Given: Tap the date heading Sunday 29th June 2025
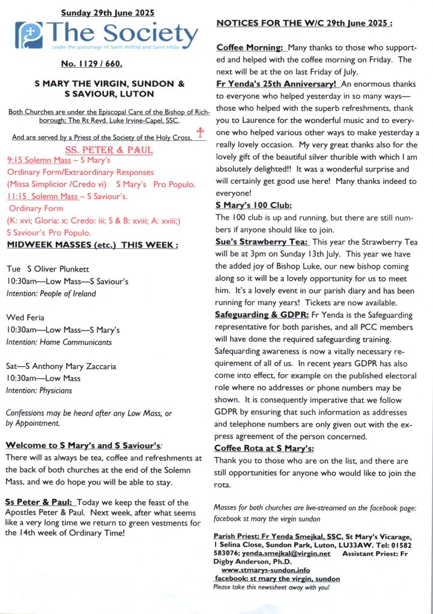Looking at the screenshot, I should [107, 13].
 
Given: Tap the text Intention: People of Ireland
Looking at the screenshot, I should [51, 294].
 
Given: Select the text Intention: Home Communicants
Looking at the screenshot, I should [59, 342].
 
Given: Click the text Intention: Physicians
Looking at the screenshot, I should [39, 391].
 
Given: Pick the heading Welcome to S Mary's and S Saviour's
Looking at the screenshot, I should [83, 446].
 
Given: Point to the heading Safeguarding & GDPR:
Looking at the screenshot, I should [262, 314].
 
